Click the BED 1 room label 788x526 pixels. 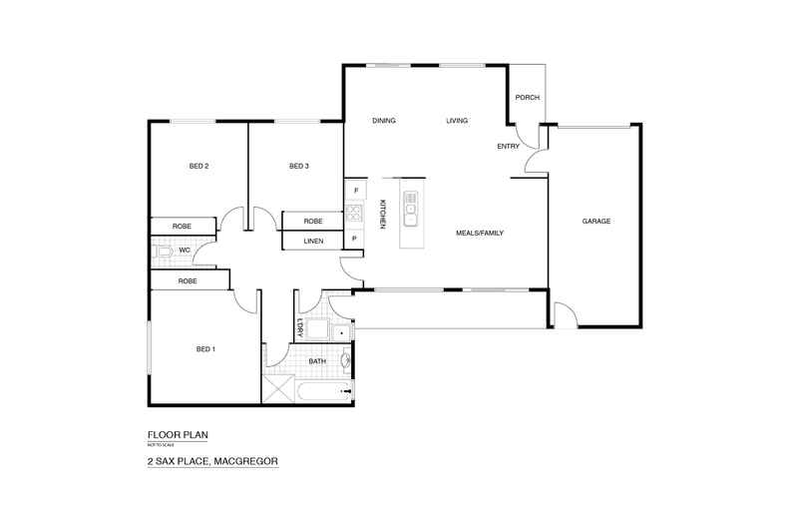pyautogui.click(x=205, y=349)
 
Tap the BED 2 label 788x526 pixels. pyautogui.click(x=198, y=166)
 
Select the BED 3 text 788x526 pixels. pyautogui.click(x=298, y=166)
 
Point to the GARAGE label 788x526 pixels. pyautogui.click(x=597, y=222)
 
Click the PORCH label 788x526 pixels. pyautogui.click(x=527, y=98)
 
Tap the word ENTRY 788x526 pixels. pyautogui.click(x=508, y=147)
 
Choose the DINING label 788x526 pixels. pyautogui.click(x=384, y=121)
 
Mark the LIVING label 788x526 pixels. pyautogui.click(x=457, y=121)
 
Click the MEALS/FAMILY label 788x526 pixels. pyautogui.click(x=480, y=233)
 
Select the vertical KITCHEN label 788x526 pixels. pyautogui.click(x=382, y=215)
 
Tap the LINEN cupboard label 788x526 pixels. pyautogui.click(x=313, y=241)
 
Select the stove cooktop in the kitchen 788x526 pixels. pyautogui.click(x=353, y=212)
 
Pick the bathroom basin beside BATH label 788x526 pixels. pyautogui.click(x=346, y=361)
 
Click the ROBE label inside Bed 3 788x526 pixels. pyautogui.click(x=313, y=221)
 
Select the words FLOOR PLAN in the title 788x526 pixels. pyautogui.click(x=178, y=434)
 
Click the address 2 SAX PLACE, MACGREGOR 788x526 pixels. pyautogui.click(x=210, y=461)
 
